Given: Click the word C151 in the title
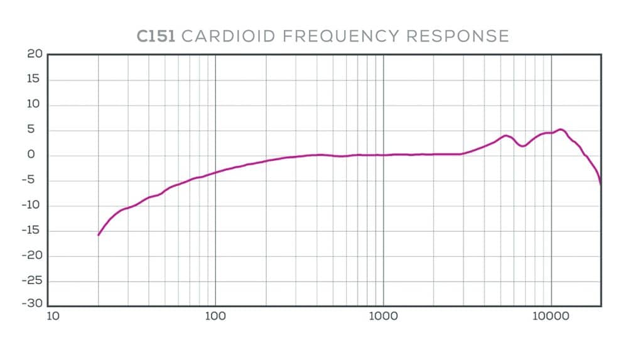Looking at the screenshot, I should tap(156, 36).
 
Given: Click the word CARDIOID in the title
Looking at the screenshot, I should tap(227, 36).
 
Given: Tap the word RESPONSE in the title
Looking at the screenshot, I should tap(457, 36).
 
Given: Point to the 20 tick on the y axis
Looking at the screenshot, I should tap(35, 55).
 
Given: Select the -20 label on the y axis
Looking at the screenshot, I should tap(32, 256).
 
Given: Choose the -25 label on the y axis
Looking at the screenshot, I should tap(32, 281).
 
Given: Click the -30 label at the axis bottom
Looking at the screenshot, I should tap(32, 305).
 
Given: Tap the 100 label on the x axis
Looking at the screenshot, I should tap(215, 315).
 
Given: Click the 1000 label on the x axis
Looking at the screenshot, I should tap(383, 315).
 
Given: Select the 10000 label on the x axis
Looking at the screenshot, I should tap(551, 315).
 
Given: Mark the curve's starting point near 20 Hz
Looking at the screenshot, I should tap(99, 235).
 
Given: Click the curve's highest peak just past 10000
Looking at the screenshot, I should tap(561, 129).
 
